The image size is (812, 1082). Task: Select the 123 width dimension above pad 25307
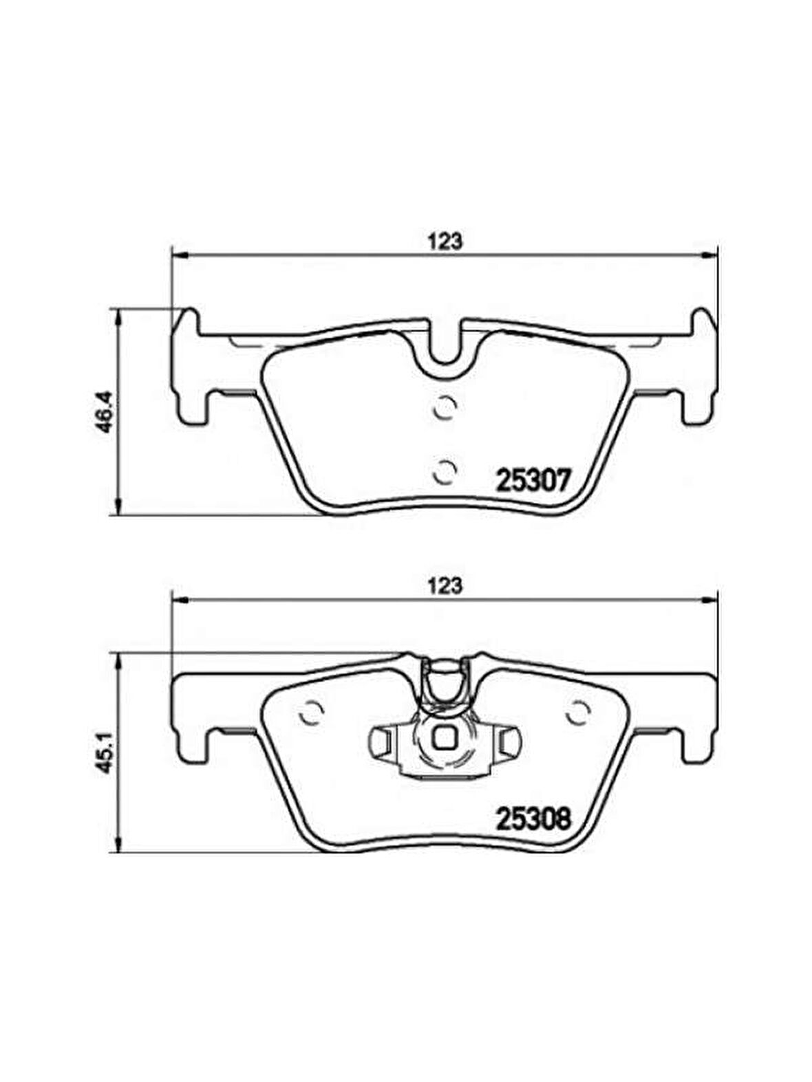(x=444, y=242)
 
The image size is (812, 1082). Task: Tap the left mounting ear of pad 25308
(x=189, y=715)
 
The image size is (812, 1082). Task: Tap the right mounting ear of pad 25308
(x=698, y=715)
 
